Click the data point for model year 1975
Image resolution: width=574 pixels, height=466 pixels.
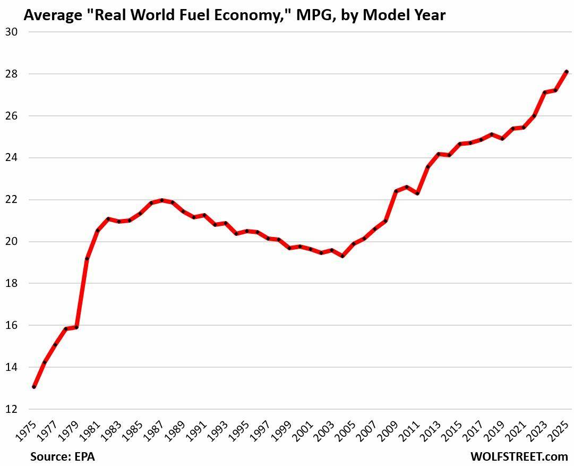[x=34, y=387]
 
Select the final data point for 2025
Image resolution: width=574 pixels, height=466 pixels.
[x=567, y=72]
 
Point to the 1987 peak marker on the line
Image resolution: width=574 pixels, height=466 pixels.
[x=162, y=200]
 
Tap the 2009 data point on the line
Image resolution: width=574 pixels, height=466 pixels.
[x=396, y=191]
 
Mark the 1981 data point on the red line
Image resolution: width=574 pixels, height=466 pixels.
[x=98, y=230]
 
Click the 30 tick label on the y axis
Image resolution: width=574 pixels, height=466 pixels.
[x=12, y=32]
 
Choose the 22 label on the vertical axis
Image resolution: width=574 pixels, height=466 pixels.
[x=12, y=200]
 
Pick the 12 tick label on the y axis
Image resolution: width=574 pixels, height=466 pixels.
[x=12, y=409]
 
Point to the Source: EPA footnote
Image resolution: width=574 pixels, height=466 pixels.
[x=62, y=456]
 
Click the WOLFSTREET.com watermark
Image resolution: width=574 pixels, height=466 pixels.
[x=519, y=456]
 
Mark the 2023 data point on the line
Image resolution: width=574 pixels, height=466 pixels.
[x=545, y=92]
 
